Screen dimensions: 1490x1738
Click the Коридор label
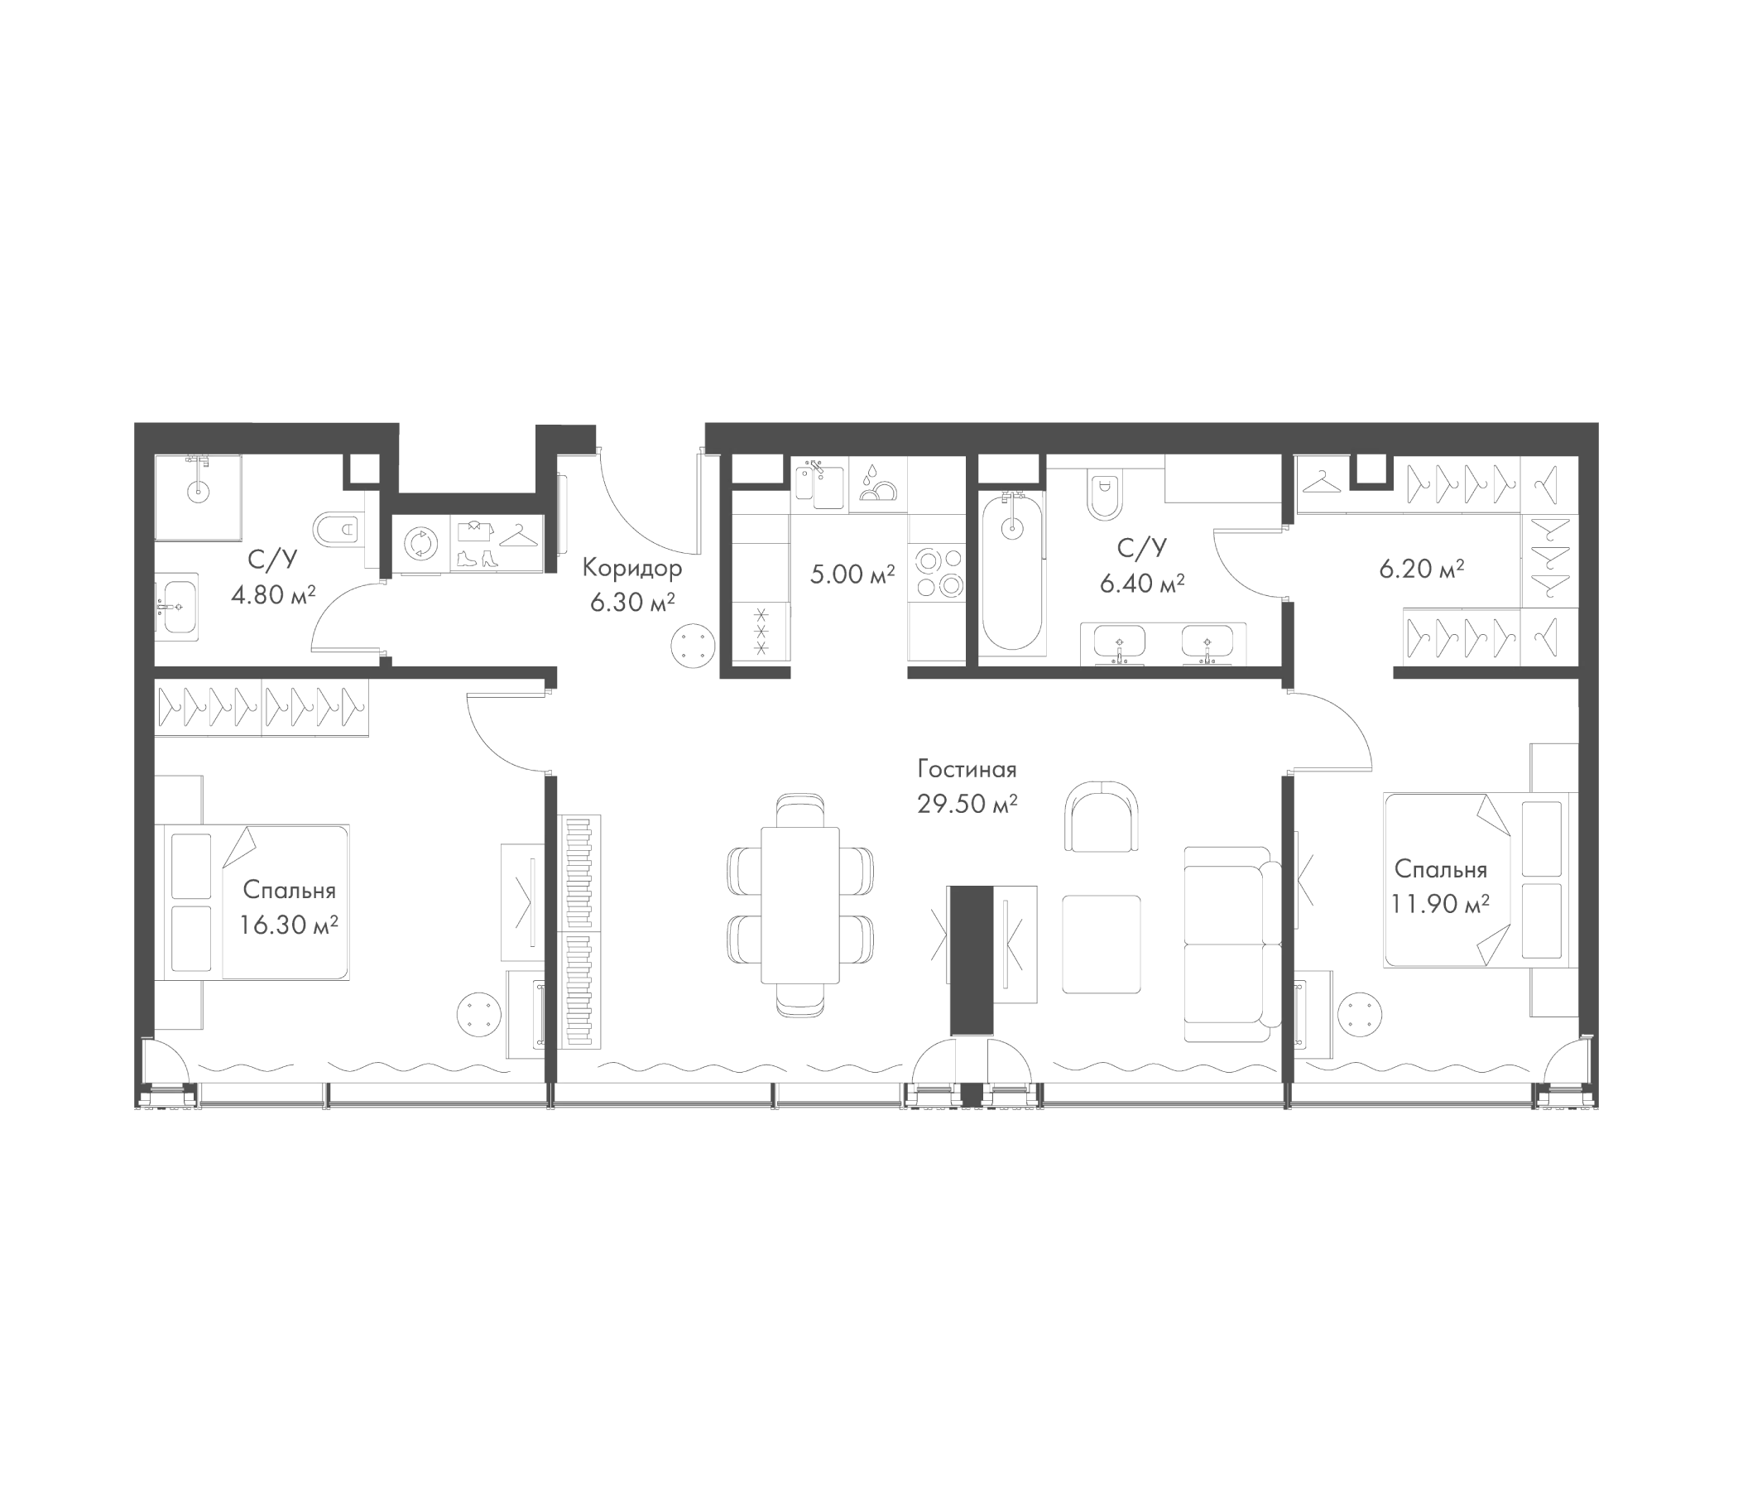pos(631,568)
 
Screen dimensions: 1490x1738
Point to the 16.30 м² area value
pos(289,925)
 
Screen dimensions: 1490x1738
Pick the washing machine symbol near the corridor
pos(421,545)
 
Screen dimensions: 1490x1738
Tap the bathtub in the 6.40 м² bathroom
pos(1012,574)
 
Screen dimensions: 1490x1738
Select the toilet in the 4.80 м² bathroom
pos(337,530)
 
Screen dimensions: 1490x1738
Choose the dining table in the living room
pos(799,906)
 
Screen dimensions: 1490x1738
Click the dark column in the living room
pos(972,959)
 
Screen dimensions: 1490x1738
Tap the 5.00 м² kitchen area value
pos(852,574)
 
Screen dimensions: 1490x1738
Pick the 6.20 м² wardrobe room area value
pos(1421,570)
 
